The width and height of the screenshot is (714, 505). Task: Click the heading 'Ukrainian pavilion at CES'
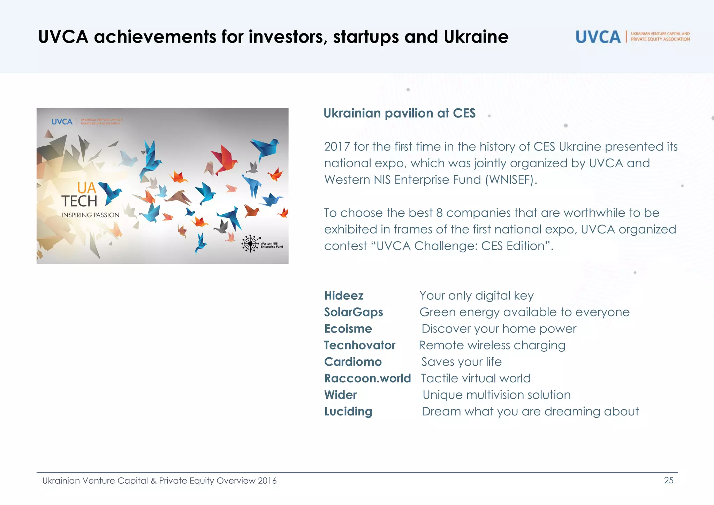coord(399,113)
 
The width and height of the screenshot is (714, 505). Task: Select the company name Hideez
coord(344,296)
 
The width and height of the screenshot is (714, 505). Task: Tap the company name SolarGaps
coord(353,312)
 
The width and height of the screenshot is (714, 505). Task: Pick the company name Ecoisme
coord(348,329)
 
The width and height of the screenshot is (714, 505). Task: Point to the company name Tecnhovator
coord(359,345)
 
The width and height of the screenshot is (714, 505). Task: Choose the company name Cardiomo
coord(353,362)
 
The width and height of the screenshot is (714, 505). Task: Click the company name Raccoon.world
coord(367,378)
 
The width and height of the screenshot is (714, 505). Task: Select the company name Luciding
coord(348,411)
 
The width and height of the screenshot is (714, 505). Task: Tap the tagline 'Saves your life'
coord(461,362)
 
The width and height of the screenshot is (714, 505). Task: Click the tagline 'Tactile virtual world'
coord(476,378)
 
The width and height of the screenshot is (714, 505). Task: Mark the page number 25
coord(668,480)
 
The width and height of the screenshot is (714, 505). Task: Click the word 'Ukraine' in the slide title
coord(476,37)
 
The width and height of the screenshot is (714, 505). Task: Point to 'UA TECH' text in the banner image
coord(80,195)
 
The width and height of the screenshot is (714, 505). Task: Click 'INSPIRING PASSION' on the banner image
coord(90,215)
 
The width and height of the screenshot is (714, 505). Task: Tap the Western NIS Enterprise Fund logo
coord(262,244)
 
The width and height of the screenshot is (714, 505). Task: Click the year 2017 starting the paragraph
coord(336,147)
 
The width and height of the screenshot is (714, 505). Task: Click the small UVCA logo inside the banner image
coord(62,122)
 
